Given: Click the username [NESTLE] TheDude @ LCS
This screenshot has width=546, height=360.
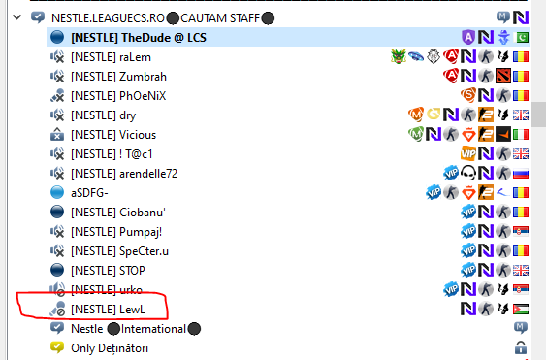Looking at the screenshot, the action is [x=139, y=38].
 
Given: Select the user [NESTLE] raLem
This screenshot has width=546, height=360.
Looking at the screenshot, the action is [x=111, y=57].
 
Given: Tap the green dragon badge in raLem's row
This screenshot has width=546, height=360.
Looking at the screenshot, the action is [x=399, y=56].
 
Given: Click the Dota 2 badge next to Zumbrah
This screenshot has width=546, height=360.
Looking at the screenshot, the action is [x=503, y=76].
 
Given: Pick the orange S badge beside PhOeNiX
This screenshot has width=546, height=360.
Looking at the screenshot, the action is [x=468, y=95].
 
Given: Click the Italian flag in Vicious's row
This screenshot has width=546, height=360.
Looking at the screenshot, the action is [x=521, y=135].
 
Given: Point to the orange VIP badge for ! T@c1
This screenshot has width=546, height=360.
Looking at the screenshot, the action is [x=468, y=153].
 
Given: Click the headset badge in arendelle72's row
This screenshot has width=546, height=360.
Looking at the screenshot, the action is [x=468, y=173].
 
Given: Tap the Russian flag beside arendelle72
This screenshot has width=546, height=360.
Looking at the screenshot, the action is [x=521, y=173].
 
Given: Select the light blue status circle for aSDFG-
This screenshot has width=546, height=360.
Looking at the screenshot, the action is [x=57, y=192].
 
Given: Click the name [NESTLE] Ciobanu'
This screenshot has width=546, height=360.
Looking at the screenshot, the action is [x=118, y=213].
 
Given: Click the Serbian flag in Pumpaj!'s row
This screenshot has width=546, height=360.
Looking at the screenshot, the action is [x=521, y=231].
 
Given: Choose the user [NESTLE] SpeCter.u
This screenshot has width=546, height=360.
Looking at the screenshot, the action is [x=119, y=251].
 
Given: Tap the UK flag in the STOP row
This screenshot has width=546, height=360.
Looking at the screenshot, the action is [x=521, y=270].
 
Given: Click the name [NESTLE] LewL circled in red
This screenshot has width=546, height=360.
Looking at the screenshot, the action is [x=108, y=310].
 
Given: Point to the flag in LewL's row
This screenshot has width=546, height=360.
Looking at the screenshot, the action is [x=521, y=309].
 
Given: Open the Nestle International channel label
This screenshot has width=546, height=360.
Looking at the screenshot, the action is [x=136, y=329].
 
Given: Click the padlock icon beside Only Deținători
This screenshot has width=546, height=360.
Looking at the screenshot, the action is [x=521, y=347].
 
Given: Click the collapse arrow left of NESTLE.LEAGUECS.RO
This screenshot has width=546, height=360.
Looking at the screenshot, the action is [x=17, y=17].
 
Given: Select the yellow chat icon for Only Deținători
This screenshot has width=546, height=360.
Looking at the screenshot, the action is [x=57, y=347].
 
